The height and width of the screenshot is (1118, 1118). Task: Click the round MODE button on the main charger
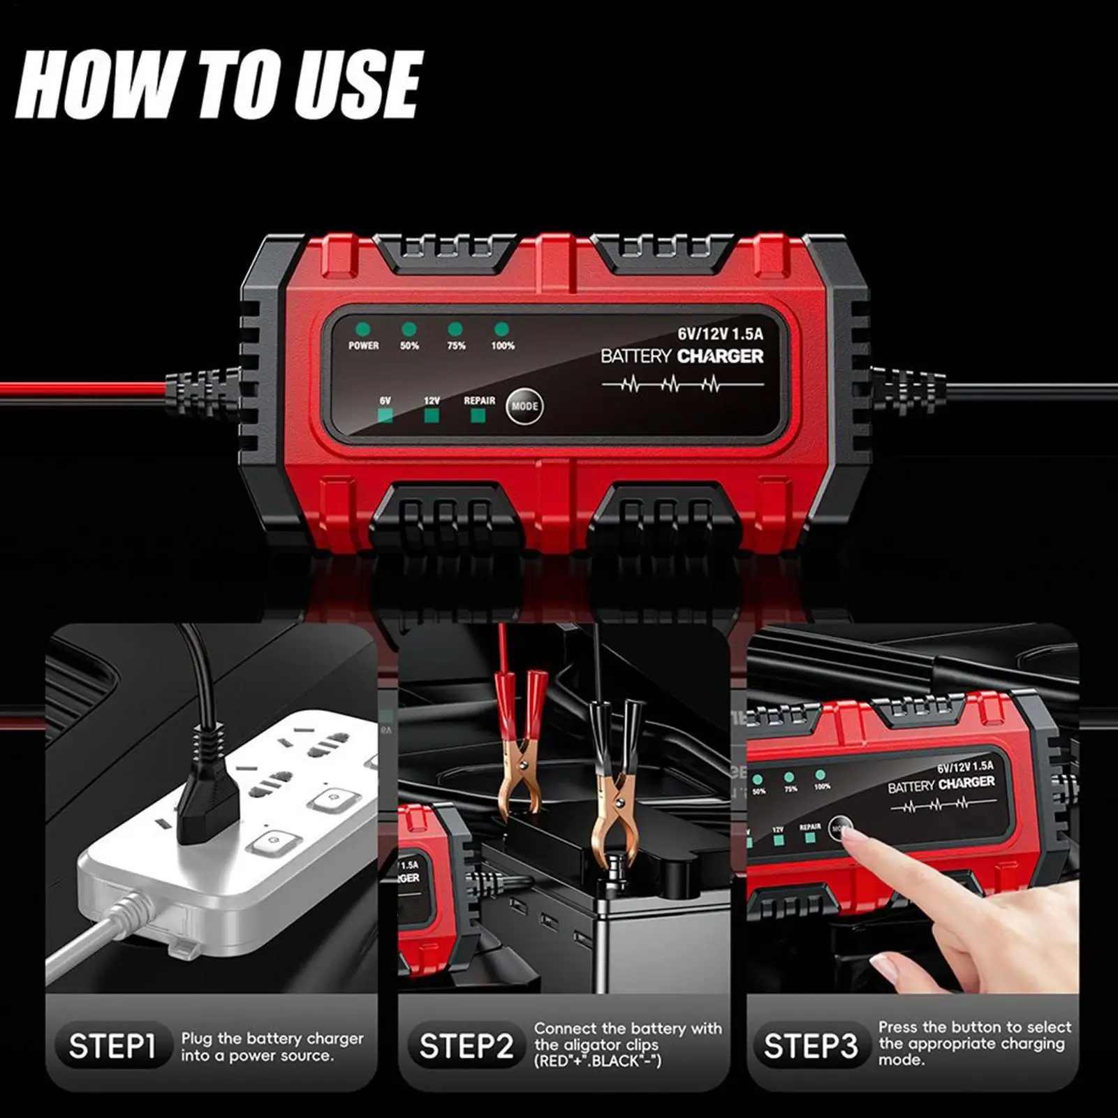click(x=524, y=406)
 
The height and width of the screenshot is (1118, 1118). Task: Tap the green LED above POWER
click(x=362, y=329)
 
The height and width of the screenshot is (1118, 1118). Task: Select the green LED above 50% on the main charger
click(x=409, y=329)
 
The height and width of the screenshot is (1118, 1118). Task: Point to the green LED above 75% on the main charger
click(x=455, y=329)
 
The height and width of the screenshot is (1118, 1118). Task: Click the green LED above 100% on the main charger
click(x=501, y=329)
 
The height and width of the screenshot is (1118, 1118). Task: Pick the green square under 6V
click(x=385, y=416)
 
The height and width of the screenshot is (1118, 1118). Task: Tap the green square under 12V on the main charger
click(x=432, y=416)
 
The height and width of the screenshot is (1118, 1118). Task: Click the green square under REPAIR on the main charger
click(x=478, y=416)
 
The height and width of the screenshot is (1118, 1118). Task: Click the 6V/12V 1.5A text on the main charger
click(x=720, y=334)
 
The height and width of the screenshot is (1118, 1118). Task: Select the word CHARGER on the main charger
click(x=721, y=356)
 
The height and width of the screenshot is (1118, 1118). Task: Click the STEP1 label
click(x=112, y=1046)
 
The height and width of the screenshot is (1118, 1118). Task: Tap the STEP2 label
click(x=466, y=1046)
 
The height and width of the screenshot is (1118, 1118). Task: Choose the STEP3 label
click(x=810, y=1046)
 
